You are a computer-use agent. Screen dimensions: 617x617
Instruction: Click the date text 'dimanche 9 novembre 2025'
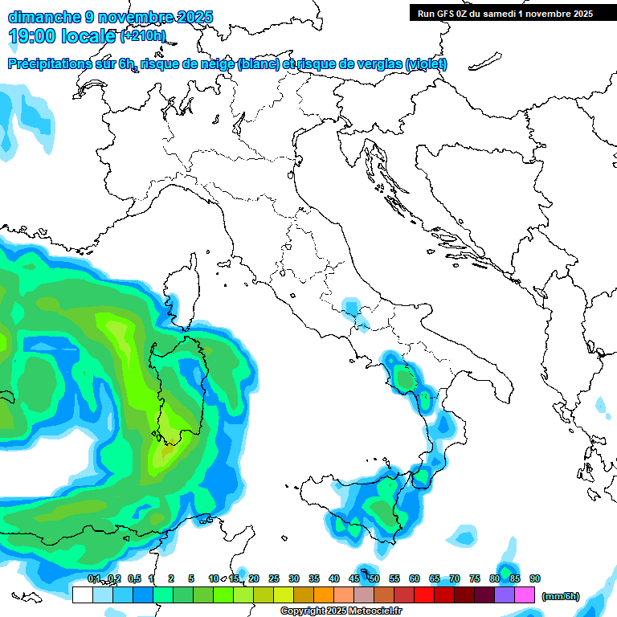pos(111,17)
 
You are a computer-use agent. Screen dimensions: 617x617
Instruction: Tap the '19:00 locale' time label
pos(63,35)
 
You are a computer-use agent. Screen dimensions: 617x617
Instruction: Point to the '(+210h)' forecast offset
pos(143,35)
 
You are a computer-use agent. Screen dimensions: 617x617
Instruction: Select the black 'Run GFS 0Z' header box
pos(505,13)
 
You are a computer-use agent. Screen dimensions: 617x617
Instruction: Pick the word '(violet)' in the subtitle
pos(426,64)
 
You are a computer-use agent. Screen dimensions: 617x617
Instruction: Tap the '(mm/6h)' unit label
pos(560,596)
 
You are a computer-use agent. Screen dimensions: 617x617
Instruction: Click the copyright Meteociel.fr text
pos(341,611)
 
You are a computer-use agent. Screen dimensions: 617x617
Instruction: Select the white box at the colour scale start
pos(82,595)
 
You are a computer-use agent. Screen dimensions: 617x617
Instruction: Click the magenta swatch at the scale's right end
pos(525,595)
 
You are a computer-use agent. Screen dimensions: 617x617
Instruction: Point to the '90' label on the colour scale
pos(535,578)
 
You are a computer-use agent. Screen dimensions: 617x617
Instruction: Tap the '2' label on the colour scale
pos(171,578)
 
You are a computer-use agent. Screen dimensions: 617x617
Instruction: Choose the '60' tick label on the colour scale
pos(415,578)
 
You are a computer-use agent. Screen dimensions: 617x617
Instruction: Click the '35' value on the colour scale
pos(314,578)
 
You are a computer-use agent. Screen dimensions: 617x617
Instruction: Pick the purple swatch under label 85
pos(505,595)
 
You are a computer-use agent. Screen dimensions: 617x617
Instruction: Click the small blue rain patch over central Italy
pos(351,307)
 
